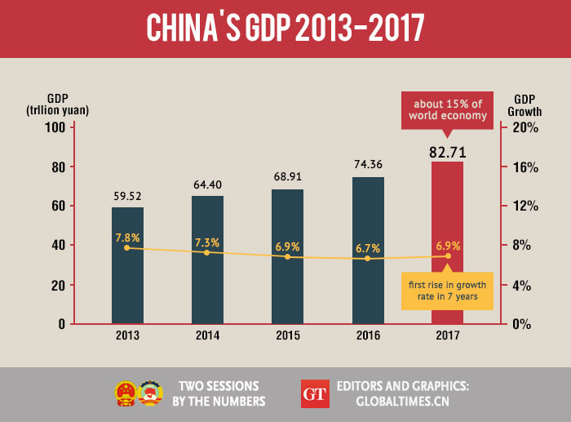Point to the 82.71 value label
(x=447, y=150)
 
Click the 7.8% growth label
(x=127, y=238)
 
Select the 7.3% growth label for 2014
(x=207, y=243)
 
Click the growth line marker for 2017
(x=448, y=256)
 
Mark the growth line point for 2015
(x=287, y=257)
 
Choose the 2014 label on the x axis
(x=207, y=335)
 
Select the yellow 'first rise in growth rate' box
(x=447, y=290)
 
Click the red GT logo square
(x=314, y=393)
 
